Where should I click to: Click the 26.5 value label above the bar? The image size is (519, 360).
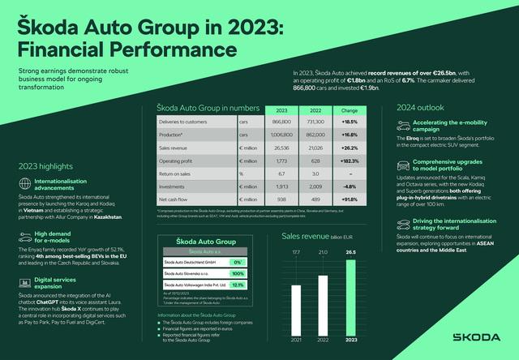[350, 253]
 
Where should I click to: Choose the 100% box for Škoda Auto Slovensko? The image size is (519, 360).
[238, 274]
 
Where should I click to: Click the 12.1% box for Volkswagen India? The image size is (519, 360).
[238, 285]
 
